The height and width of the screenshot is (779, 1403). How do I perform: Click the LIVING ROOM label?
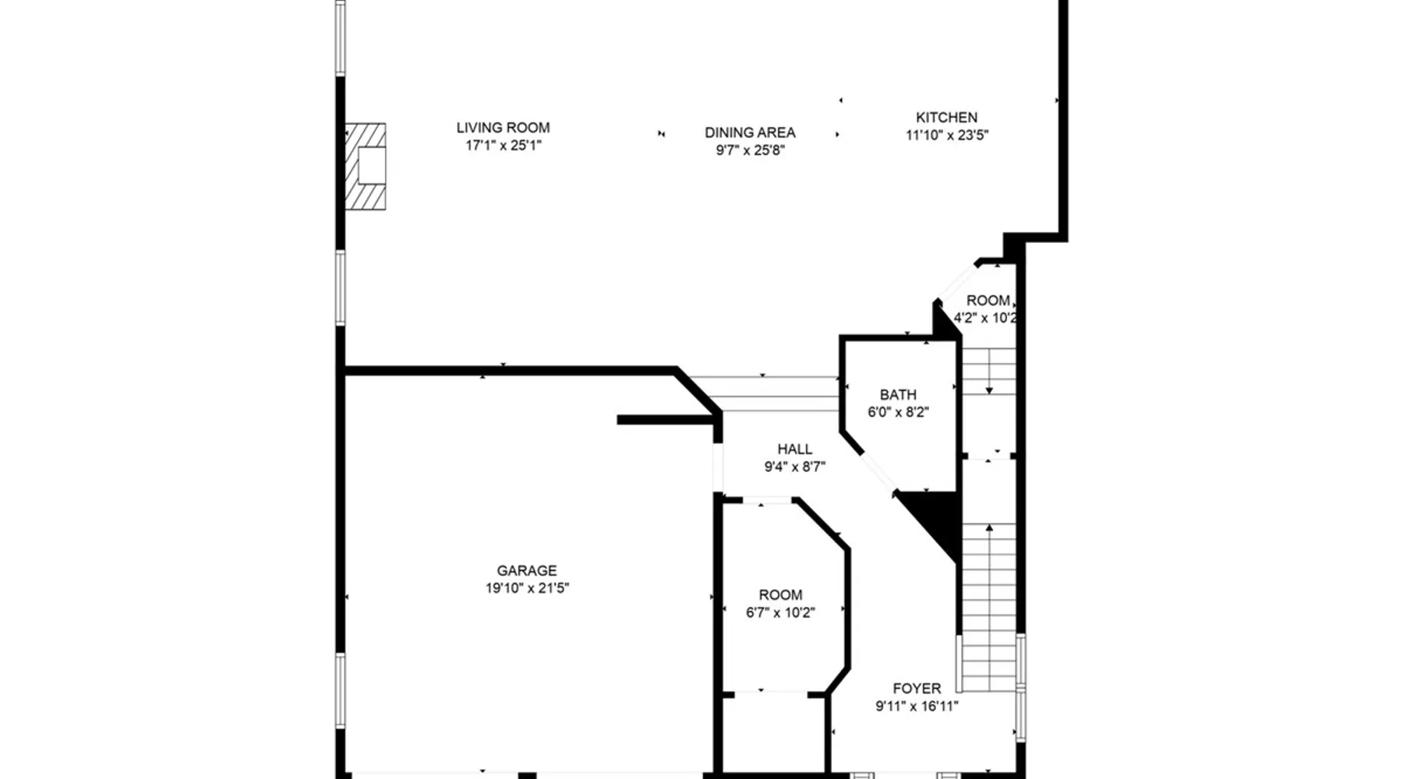[503, 128]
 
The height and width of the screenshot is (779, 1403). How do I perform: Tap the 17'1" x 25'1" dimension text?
[503, 146]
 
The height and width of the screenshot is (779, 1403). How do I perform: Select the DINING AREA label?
[750, 132]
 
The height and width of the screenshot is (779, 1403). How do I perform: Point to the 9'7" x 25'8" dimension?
[750, 150]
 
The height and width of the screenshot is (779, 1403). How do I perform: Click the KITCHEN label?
[946, 118]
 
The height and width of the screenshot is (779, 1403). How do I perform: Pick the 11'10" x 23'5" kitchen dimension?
[946, 136]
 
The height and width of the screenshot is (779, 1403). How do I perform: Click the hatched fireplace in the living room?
[366, 166]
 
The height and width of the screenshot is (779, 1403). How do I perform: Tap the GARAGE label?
[527, 571]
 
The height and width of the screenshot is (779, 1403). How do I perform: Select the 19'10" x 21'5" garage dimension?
[527, 589]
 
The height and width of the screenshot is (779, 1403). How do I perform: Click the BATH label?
[898, 395]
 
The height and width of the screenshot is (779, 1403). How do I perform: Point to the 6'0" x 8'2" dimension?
[898, 413]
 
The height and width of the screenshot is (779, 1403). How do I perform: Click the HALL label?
[794, 449]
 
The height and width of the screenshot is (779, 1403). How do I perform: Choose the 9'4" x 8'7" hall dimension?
[794, 467]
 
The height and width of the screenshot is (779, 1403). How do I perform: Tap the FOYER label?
[917, 689]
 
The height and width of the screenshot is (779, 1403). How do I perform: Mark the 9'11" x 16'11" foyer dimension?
[917, 707]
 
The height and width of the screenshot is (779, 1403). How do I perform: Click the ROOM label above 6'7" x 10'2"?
[780, 595]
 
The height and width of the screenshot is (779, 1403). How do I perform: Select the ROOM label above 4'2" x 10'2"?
[988, 301]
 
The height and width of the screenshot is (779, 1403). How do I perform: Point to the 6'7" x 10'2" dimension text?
[780, 613]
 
